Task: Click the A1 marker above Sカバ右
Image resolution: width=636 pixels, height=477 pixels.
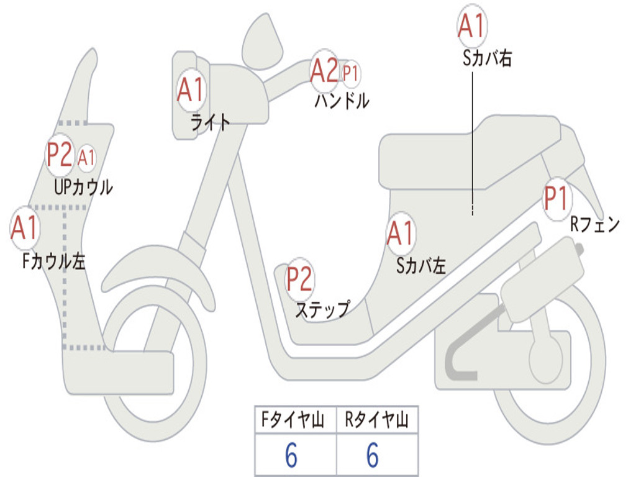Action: click(x=471, y=26)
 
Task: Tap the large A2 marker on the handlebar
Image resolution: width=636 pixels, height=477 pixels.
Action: click(x=325, y=71)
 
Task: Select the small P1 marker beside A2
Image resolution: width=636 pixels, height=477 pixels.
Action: click(x=351, y=74)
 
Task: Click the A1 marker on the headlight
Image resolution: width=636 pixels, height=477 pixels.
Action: click(x=191, y=90)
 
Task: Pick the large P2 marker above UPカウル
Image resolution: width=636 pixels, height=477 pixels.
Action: click(x=60, y=155)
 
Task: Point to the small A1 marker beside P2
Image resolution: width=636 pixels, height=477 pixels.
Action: click(x=87, y=158)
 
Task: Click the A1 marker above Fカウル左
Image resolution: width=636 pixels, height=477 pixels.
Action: click(x=25, y=228)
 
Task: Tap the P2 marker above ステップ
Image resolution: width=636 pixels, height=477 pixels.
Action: click(x=299, y=279)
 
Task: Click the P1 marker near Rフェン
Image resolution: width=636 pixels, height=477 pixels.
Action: click(x=556, y=199)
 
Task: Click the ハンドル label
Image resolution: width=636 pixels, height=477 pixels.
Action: click(x=342, y=101)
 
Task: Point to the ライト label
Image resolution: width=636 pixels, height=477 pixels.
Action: click(x=210, y=122)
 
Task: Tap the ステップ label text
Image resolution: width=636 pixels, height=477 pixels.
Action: click(x=322, y=309)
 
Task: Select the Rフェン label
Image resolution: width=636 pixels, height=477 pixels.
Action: click(x=594, y=225)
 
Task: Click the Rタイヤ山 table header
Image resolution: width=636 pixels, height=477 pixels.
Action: click(x=377, y=420)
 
